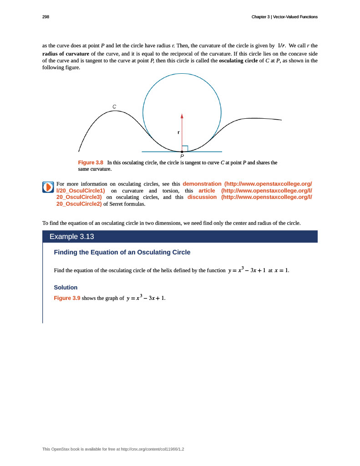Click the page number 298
coord(46,17)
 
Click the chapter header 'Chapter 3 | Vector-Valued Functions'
coord(284,17)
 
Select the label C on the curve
coord(114,106)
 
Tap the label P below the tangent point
coord(182,157)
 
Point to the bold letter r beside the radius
coord(178,132)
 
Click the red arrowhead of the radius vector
coord(182,116)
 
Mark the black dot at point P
coord(182,152)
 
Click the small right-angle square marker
coord(185,148)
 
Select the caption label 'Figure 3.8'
coord(91,162)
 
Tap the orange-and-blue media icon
coord(48,187)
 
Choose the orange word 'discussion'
coord(202,198)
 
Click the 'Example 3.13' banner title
coord(71,237)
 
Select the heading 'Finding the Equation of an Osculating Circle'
coord(122,252)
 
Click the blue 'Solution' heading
coord(66,288)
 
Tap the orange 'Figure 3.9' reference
coord(67,299)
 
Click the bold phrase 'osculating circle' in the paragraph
coord(238,61)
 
